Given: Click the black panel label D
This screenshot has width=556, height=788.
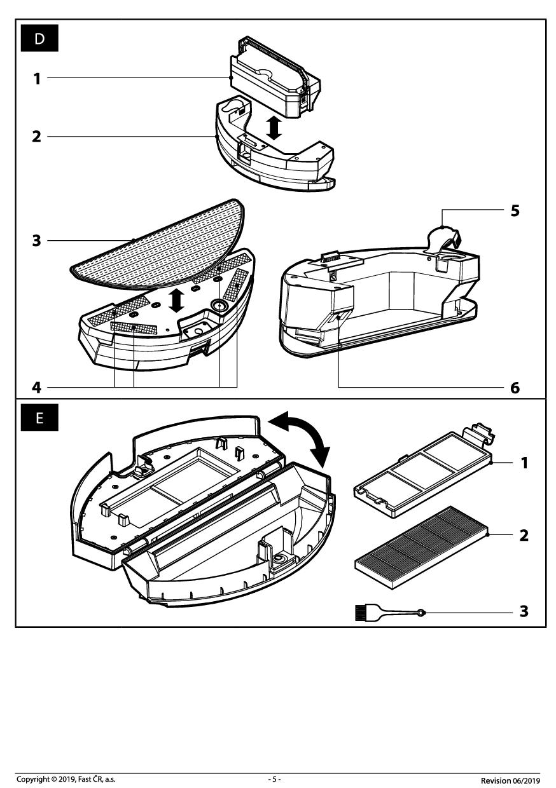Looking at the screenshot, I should point(39,39).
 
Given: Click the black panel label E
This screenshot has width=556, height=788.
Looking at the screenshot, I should point(39,419).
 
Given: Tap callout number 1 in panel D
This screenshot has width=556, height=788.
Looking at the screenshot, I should point(37,79).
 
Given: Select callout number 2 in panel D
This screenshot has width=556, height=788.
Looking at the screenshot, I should point(37,137).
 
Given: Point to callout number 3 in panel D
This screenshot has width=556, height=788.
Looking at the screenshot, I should point(37,241).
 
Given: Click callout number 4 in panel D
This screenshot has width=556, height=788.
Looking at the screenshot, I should point(37,386).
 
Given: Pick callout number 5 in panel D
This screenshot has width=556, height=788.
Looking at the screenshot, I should point(515,211).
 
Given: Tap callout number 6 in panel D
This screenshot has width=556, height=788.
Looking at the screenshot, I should point(515,386).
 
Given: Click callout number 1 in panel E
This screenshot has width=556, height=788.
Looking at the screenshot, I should point(524,463).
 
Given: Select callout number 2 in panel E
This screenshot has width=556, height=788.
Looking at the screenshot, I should point(524,535).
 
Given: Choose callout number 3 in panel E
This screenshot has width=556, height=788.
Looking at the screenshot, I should point(524,611).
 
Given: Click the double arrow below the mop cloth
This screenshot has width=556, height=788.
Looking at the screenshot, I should point(177,300).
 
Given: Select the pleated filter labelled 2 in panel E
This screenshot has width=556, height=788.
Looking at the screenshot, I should point(419,538).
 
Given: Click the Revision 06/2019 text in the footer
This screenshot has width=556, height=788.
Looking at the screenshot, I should point(510,780).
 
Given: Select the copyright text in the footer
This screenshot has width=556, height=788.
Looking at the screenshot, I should point(66,779).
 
